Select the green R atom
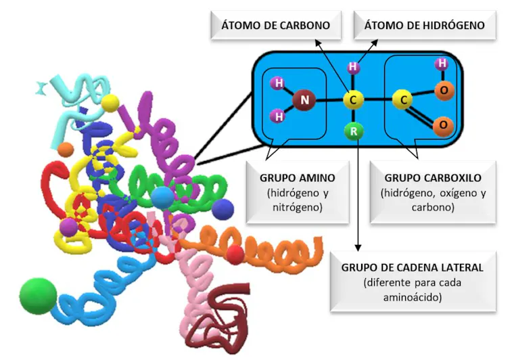pyautogui.click(x=353, y=133)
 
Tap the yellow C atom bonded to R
pyautogui.click(x=353, y=101)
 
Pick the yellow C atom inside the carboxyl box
pyautogui.click(x=404, y=101)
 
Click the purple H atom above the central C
pyautogui.click(x=353, y=68)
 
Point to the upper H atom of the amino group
pyautogui.click(x=277, y=84)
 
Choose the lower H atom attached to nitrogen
pyautogui.click(x=277, y=116)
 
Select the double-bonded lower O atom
pyautogui.click(x=442, y=125)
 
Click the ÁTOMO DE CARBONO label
pyautogui.click(x=275, y=26)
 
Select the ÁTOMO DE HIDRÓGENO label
pyautogui.click(x=424, y=26)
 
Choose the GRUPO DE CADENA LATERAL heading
pyautogui.click(x=413, y=267)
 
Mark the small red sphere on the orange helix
pyautogui.click(x=235, y=254)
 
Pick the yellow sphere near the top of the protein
pyautogui.click(x=110, y=104)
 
